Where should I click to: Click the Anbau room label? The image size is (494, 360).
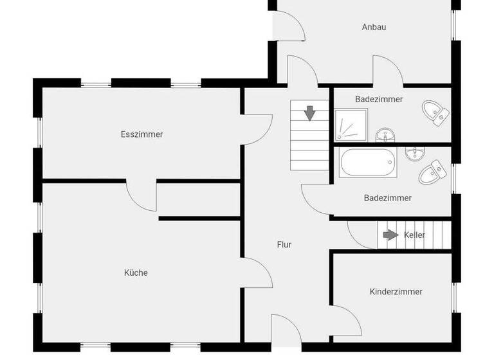pyautogui.click(x=374, y=27)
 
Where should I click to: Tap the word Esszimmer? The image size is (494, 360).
pyautogui.click(x=142, y=134)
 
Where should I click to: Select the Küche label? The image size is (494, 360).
pyautogui.click(x=136, y=273)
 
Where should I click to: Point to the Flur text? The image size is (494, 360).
pyautogui.click(x=284, y=244)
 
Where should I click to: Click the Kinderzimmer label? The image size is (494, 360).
pyautogui.click(x=396, y=291)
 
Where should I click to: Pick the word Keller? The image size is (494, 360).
pyautogui.click(x=414, y=235)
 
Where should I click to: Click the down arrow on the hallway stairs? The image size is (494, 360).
pyautogui.click(x=310, y=113)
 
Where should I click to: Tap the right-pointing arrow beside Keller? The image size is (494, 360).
pyautogui.click(x=390, y=235)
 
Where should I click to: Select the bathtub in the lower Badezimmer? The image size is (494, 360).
pyautogui.click(x=368, y=163)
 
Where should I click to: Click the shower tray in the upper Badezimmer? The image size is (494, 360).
pyautogui.click(x=351, y=125)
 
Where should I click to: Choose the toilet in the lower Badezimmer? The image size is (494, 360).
pyautogui.click(x=432, y=172)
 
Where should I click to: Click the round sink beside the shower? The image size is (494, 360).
pyautogui.click(x=385, y=134)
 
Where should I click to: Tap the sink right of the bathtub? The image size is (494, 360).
pyautogui.click(x=416, y=153)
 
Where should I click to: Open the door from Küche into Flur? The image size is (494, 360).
pyautogui.click(x=259, y=270)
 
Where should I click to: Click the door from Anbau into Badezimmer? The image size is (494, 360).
pyautogui.click(x=388, y=71)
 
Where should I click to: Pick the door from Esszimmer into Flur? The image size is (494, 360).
pyautogui.click(x=257, y=129)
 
